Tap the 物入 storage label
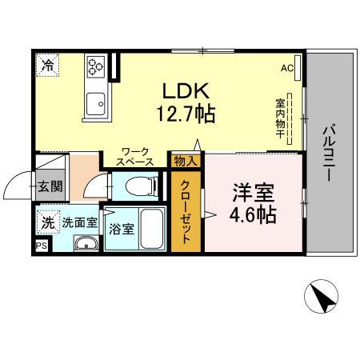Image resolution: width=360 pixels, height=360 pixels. click(186, 161)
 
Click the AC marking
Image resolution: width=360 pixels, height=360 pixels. click(287, 69)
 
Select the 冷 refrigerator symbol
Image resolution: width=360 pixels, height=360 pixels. click(49, 65)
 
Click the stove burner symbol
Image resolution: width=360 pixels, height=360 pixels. click(98, 66)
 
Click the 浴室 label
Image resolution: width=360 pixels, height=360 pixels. click(121, 228)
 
